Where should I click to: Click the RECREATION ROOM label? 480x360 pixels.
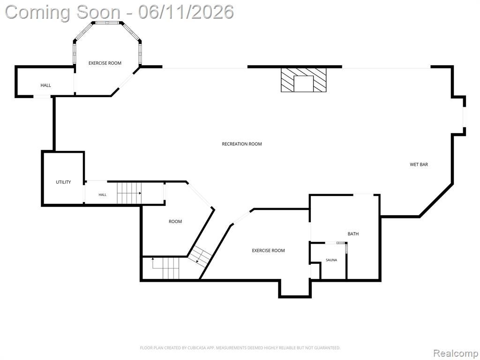(x=242, y=144)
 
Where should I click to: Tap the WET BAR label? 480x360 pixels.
(x=419, y=165)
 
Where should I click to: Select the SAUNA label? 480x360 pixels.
(x=331, y=260)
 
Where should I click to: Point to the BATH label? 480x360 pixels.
(x=353, y=233)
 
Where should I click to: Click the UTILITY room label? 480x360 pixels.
(x=63, y=182)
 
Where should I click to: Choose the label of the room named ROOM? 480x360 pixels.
(x=175, y=221)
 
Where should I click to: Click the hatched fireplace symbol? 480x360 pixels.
(x=304, y=80)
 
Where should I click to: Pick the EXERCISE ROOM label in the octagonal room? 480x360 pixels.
(x=105, y=63)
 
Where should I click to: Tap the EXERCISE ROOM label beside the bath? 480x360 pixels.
(x=268, y=250)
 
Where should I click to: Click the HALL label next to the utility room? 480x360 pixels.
(x=103, y=195)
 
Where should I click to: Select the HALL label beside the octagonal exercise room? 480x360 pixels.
(x=46, y=85)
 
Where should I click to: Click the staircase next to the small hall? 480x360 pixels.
(x=129, y=193)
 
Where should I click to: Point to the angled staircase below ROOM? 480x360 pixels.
(x=200, y=255)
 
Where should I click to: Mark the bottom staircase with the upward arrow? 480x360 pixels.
(x=165, y=268)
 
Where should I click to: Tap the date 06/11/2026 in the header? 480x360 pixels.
(x=186, y=12)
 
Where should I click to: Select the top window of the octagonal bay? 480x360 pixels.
(x=107, y=22)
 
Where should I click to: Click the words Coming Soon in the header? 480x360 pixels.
(x=63, y=12)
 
